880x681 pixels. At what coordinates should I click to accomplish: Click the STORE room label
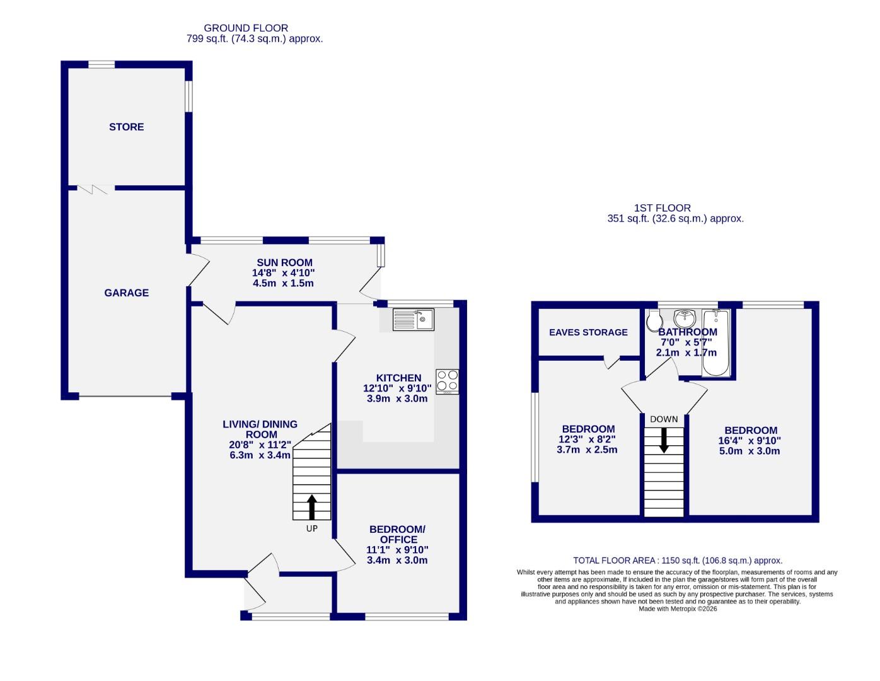126,127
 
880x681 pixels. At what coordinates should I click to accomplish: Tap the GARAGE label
126,293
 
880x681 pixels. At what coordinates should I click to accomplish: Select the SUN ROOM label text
284,262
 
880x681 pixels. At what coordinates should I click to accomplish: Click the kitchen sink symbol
413,320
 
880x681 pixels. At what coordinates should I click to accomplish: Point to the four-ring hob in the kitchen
448,381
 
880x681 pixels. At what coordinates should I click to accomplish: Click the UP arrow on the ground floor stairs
312,506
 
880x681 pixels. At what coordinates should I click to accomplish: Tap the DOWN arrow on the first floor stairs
664,440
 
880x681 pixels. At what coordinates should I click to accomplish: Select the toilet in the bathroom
654,322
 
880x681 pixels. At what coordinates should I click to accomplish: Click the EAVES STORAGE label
588,332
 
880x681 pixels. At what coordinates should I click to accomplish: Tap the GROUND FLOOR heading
246,28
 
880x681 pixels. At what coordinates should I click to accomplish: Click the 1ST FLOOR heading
662,207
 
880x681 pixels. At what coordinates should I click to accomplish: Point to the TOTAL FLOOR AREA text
678,560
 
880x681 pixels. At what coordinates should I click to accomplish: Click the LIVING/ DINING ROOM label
260,429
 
